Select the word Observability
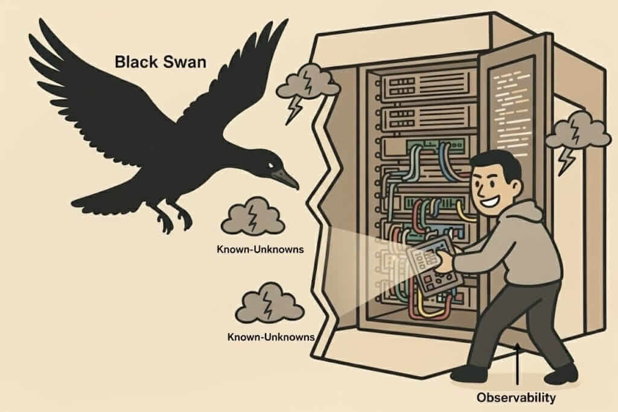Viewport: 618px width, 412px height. [515, 398]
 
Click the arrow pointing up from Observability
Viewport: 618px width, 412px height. [517, 368]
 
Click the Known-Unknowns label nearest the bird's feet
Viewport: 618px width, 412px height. [260, 249]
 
